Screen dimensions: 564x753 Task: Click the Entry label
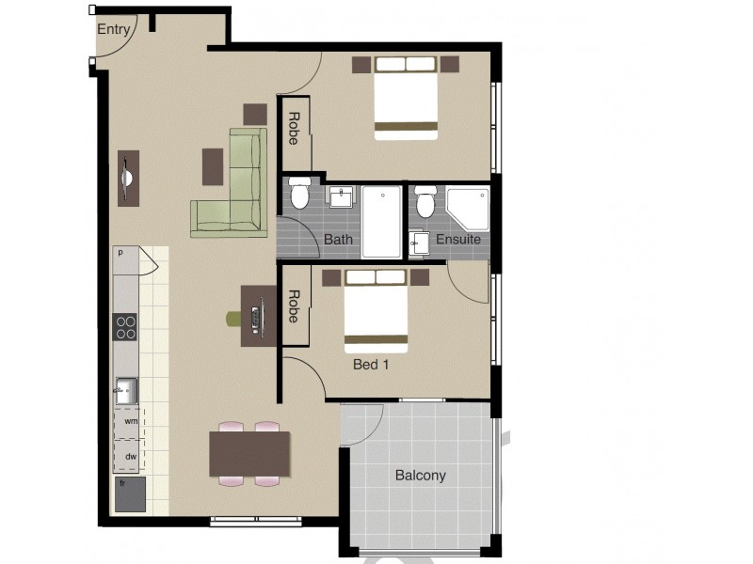(113, 29)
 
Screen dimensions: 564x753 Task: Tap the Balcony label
(420, 476)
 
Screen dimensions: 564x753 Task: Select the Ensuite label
(458, 240)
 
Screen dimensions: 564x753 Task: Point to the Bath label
(338, 240)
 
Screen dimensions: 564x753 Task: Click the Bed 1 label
(371, 365)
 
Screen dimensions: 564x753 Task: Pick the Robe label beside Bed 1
(294, 306)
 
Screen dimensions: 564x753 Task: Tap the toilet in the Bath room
(300, 194)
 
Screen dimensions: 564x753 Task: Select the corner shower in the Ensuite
(468, 209)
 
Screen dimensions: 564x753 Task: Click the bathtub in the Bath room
(381, 222)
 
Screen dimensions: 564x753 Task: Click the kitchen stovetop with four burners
(126, 326)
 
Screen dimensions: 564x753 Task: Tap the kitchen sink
(126, 389)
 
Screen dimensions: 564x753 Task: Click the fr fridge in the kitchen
(130, 493)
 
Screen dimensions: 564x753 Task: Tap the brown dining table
(249, 453)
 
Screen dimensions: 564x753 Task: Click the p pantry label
(120, 253)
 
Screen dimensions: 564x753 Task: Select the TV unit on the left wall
(128, 178)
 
